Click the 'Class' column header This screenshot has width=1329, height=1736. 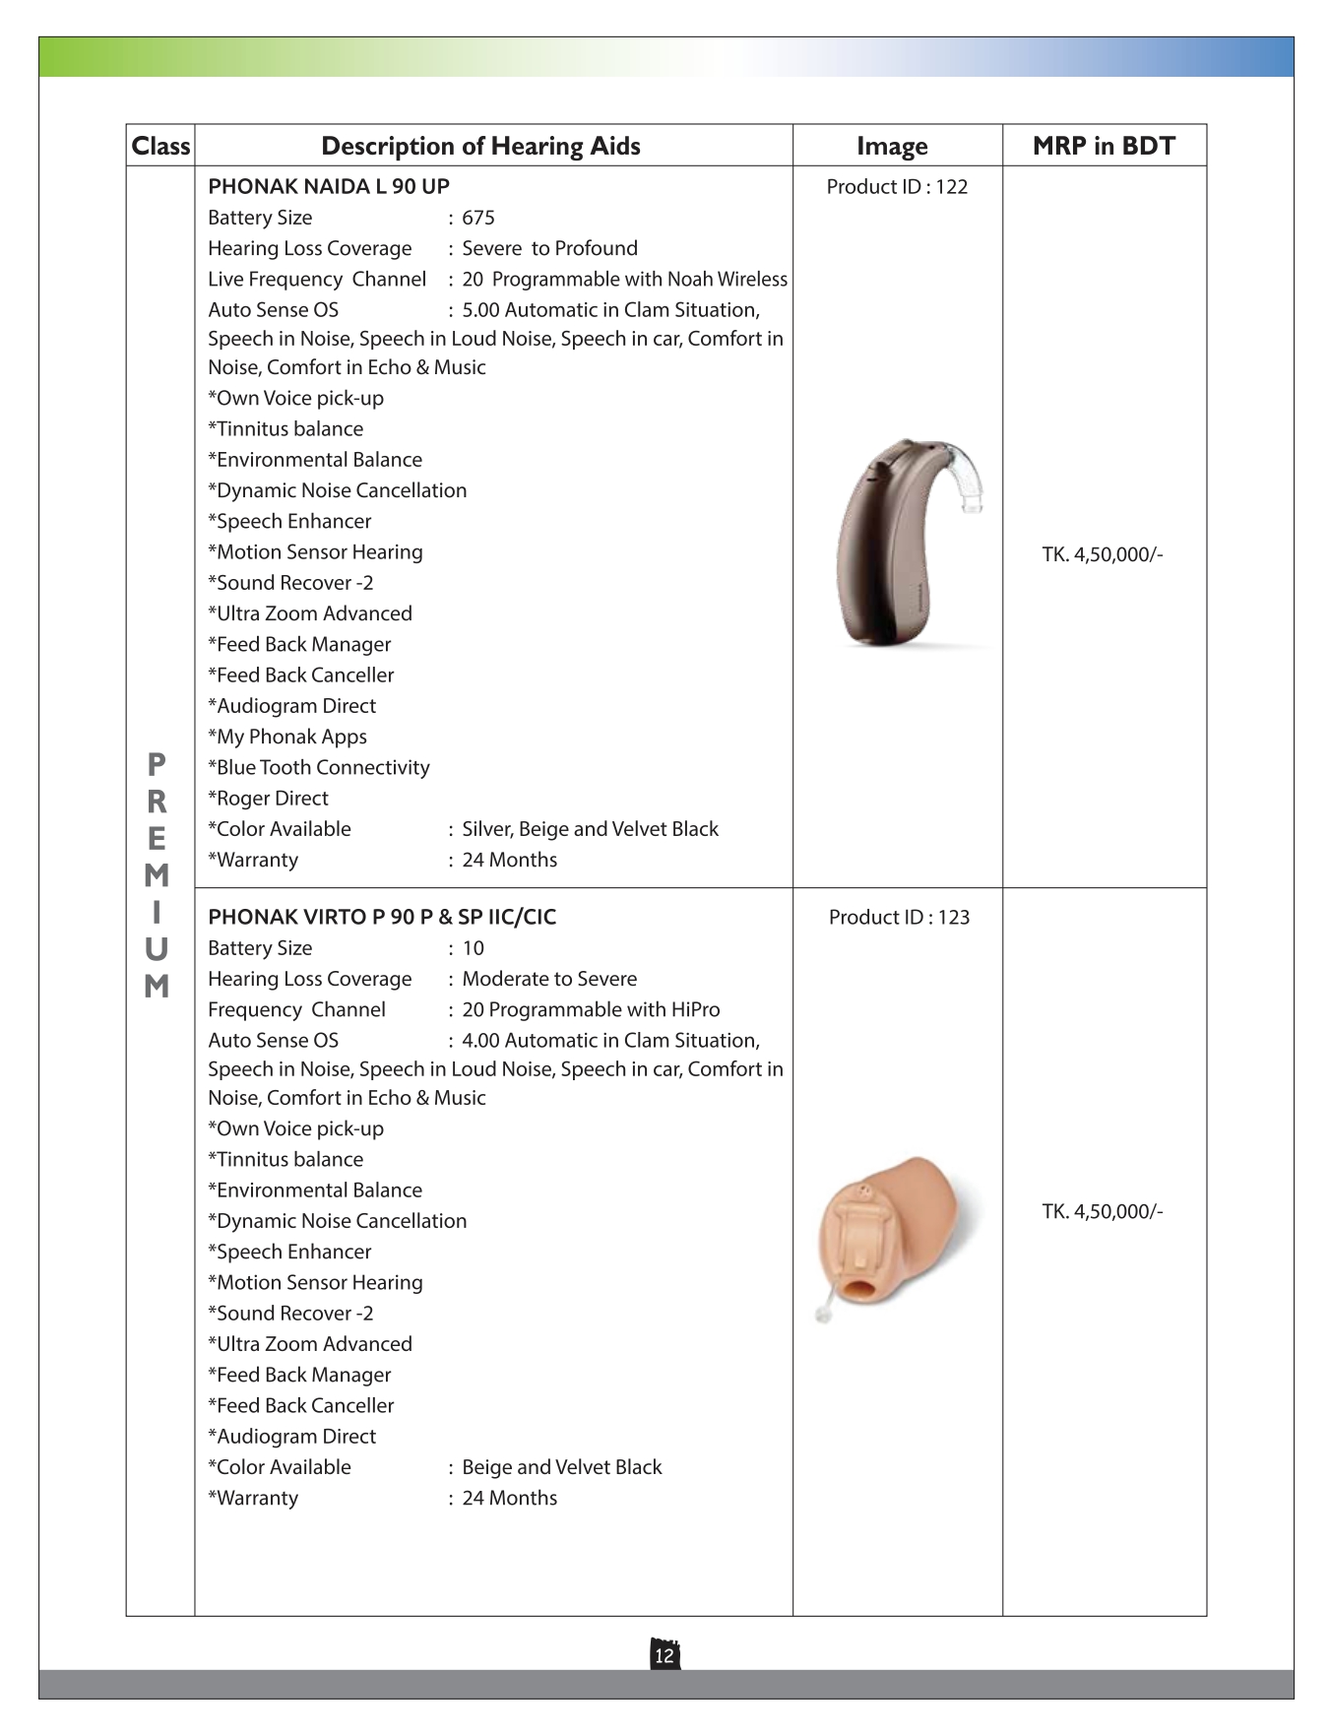(x=160, y=146)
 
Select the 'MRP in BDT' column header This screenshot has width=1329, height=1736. (x=1104, y=146)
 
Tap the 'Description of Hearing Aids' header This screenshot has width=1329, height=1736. (x=480, y=146)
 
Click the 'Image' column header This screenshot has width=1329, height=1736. (x=892, y=146)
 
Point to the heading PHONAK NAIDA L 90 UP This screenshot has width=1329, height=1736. (x=329, y=186)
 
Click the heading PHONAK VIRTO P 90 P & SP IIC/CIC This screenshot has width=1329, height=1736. (x=382, y=917)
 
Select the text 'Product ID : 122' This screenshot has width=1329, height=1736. (x=897, y=186)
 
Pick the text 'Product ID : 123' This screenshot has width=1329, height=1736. (x=899, y=917)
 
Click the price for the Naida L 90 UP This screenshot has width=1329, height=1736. (x=1103, y=554)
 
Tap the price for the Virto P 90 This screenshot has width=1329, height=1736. (x=1103, y=1211)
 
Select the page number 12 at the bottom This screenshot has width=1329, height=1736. (x=664, y=1655)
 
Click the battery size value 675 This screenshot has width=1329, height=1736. (x=478, y=218)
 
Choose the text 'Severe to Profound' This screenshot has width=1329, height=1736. (x=549, y=248)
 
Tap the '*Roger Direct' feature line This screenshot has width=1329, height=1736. (x=268, y=798)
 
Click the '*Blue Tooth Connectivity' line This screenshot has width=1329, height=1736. (x=319, y=767)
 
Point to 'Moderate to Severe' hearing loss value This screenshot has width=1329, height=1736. (x=549, y=979)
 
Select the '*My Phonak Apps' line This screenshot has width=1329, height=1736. (x=287, y=737)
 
